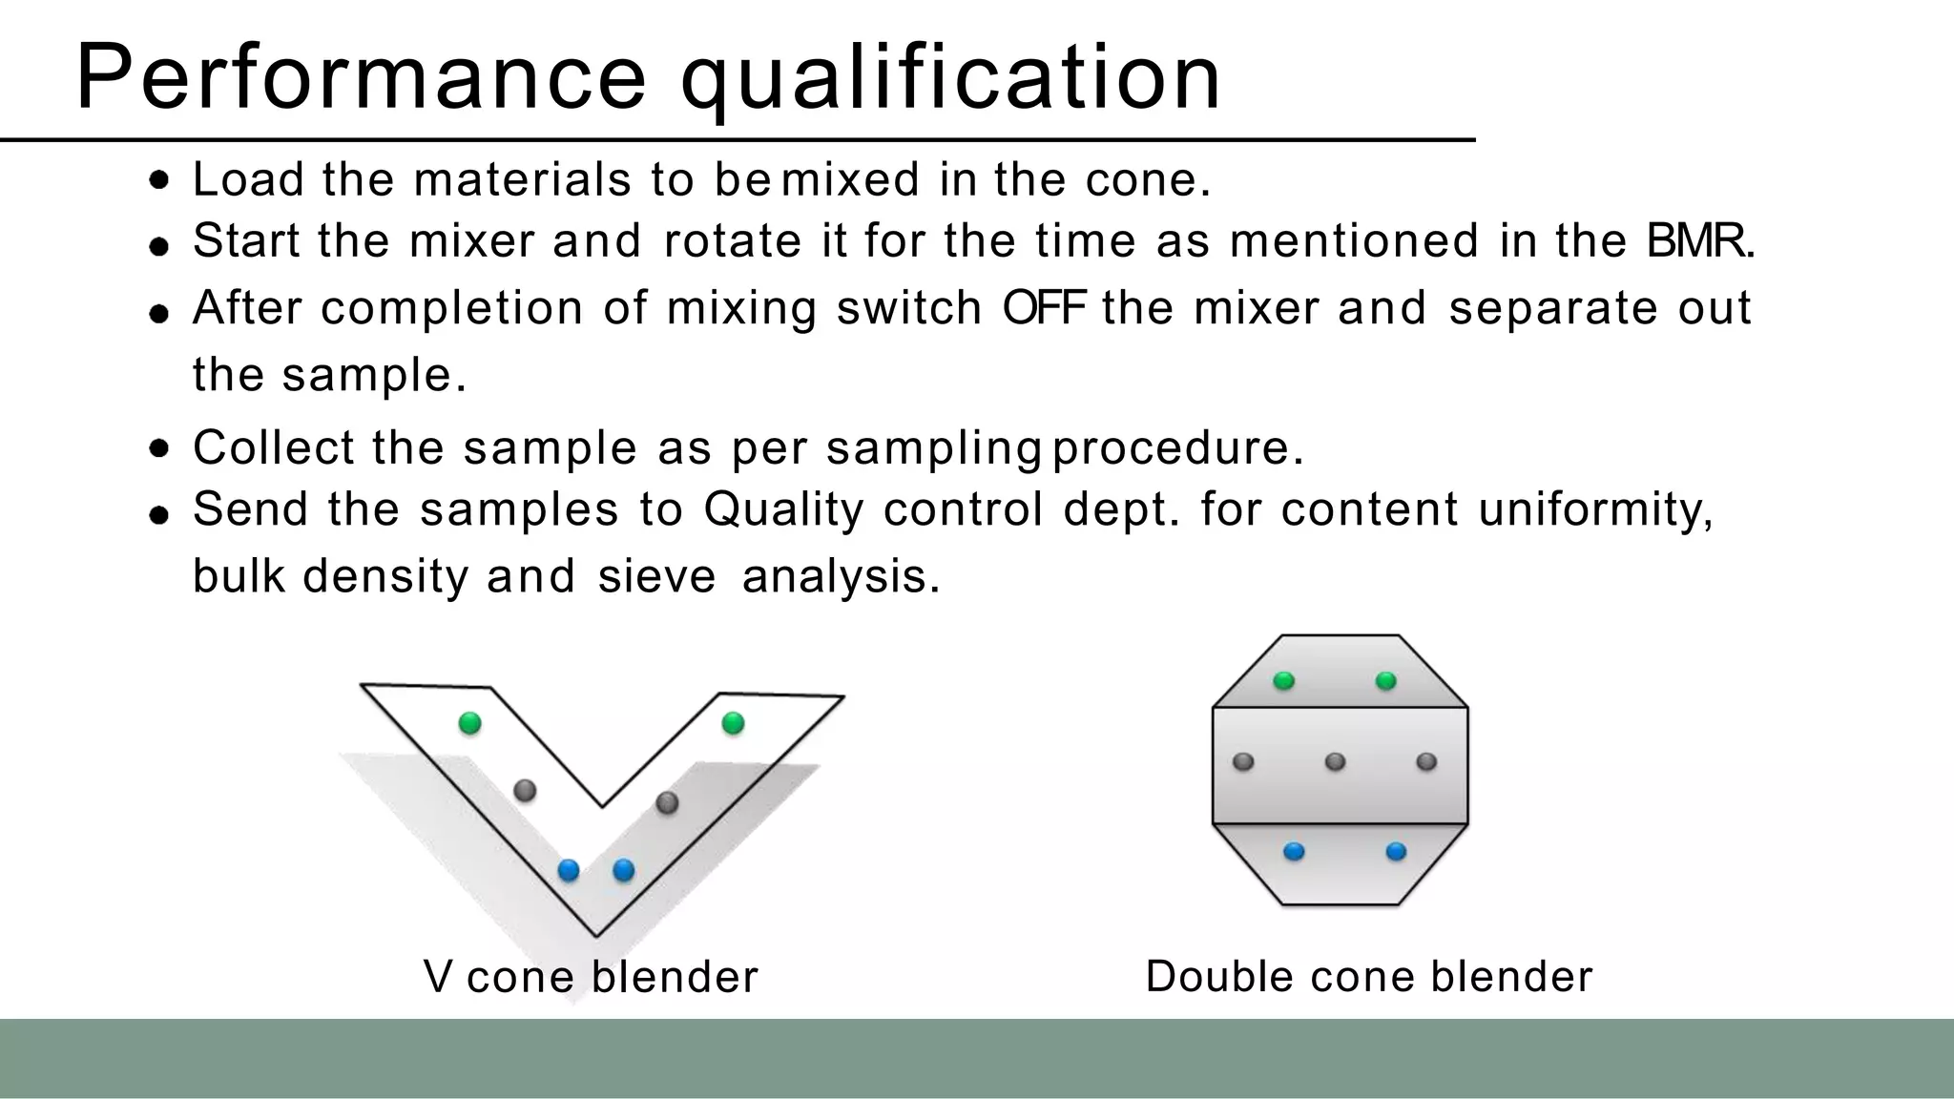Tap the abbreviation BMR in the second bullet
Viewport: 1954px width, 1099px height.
click(1699, 240)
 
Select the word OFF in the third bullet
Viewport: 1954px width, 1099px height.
click(1044, 307)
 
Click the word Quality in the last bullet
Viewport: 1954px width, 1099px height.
click(783, 509)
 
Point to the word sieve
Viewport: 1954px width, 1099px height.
click(656, 576)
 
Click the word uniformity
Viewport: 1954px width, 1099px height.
click(1594, 509)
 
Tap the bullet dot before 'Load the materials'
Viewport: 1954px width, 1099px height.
click(160, 180)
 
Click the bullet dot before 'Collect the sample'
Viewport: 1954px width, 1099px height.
click(160, 448)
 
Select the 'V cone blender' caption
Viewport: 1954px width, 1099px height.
click(591, 976)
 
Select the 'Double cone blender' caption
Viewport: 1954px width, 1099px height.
click(1368, 976)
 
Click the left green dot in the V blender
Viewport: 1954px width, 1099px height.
click(469, 723)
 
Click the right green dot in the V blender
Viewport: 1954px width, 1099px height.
click(733, 723)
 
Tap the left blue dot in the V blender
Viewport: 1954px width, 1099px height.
click(569, 870)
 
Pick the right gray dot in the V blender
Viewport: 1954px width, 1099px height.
click(668, 802)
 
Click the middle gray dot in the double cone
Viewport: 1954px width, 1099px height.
click(1336, 761)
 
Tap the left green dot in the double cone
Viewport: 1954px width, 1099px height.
click(1284, 680)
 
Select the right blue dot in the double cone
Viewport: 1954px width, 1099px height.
click(1396, 851)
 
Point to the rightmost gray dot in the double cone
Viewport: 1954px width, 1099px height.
click(1426, 761)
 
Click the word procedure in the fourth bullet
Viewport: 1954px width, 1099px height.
click(1176, 448)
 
